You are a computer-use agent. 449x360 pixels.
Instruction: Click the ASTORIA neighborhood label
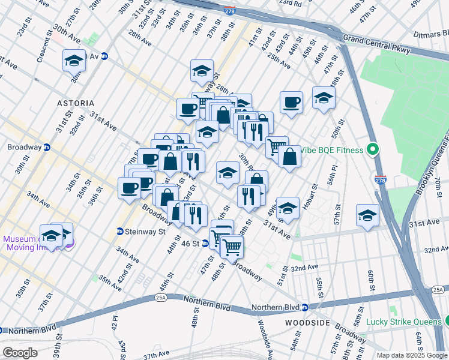click(x=76, y=103)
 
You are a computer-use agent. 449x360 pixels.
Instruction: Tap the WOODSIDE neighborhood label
click(x=309, y=323)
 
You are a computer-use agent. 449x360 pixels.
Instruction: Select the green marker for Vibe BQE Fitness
click(x=372, y=150)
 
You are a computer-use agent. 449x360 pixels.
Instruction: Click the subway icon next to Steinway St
click(x=120, y=232)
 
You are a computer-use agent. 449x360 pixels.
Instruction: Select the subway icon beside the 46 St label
click(x=205, y=244)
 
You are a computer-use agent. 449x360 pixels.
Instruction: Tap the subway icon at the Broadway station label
click(x=47, y=147)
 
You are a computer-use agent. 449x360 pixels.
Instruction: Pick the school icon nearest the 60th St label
click(x=367, y=215)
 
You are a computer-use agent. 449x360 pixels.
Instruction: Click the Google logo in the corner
click(x=20, y=352)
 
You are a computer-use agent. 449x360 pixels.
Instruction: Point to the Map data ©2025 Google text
click(x=411, y=355)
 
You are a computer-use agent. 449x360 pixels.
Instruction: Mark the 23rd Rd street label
click(x=290, y=4)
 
